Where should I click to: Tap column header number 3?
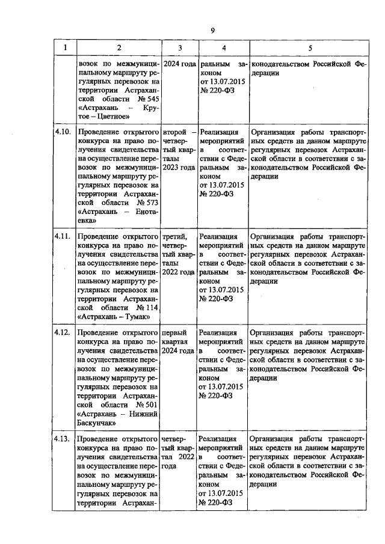(179, 47)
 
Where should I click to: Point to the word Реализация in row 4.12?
(219, 332)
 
